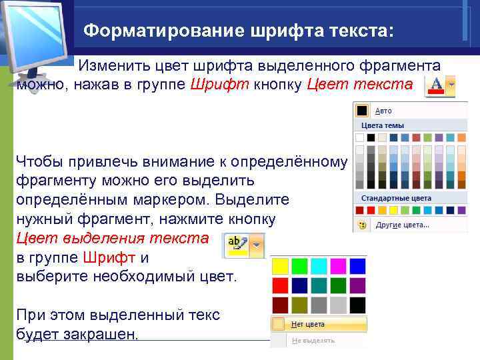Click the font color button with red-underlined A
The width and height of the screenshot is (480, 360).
440,86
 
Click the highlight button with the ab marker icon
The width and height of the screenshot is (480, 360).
237,245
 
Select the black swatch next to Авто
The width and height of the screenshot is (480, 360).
362,111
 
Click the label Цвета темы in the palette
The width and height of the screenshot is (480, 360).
383,125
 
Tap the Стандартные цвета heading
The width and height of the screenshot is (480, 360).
396,199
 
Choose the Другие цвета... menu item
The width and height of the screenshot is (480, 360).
402,225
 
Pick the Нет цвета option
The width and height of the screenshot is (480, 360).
308,324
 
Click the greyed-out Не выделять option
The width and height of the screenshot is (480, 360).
313,341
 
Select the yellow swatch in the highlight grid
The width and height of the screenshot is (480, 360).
280,266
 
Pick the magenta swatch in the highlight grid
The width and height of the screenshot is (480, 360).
338,266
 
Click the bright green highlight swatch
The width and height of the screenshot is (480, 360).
299,266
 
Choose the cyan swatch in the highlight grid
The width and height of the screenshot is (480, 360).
319,266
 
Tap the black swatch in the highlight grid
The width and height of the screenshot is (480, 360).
357,305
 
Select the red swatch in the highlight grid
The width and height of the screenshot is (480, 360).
280,285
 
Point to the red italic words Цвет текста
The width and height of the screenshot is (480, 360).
360,84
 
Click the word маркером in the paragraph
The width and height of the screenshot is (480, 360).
171,200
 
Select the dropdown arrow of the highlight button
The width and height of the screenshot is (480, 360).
257,245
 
